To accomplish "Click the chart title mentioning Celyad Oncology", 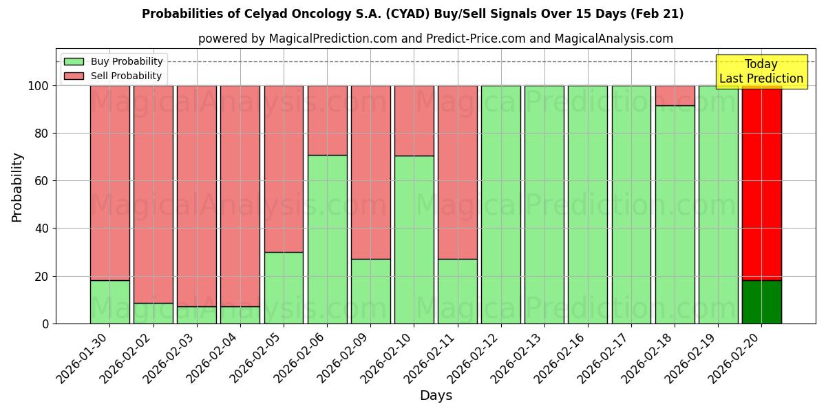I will click(x=412, y=14).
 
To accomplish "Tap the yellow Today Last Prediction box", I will click(x=761, y=72).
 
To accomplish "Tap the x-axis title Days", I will click(x=436, y=396).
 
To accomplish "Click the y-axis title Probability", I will click(x=17, y=187).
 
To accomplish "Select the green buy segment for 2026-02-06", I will click(x=327, y=239).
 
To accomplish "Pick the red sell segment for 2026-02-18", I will click(x=675, y=96).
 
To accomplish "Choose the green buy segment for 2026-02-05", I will click(x=284, y=288).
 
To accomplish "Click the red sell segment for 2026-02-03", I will click(x=196, y=196).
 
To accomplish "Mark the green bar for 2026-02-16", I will click(x=587, y=204).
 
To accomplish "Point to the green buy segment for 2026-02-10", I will click(x=414, y=240).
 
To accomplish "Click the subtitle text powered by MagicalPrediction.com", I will click(x=435, y=39).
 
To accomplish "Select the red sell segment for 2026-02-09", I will click(x=370, y=172).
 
